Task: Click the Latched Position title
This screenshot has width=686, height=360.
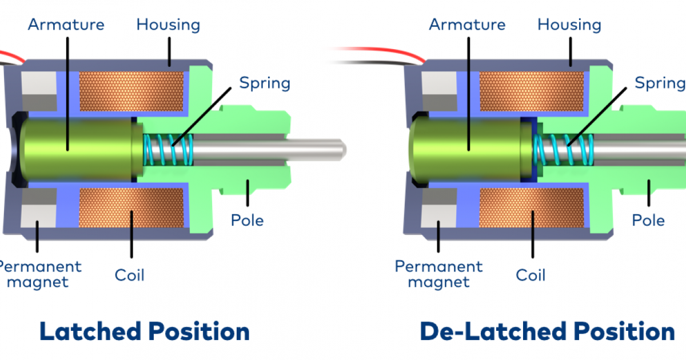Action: (x=144, y=331)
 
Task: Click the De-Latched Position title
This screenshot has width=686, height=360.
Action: (x=547, y=331)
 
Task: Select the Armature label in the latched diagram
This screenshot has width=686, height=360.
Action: (x=66, y=25)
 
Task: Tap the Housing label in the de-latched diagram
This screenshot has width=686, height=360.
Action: (x=569, y=25)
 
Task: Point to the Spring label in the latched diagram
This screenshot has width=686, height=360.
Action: (x=265, y=83)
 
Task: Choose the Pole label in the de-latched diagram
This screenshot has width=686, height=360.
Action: (x=648, y=220)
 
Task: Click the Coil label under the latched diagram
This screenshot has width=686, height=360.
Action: (x=130, y=275)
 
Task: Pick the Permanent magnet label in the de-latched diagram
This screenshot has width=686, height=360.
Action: (x=438, y=274)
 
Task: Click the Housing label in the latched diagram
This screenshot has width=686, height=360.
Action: (x=168, y=25)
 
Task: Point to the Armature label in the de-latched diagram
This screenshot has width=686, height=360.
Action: (x=468, y=25)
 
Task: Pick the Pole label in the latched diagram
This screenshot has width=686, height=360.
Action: (x=247, y=220)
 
